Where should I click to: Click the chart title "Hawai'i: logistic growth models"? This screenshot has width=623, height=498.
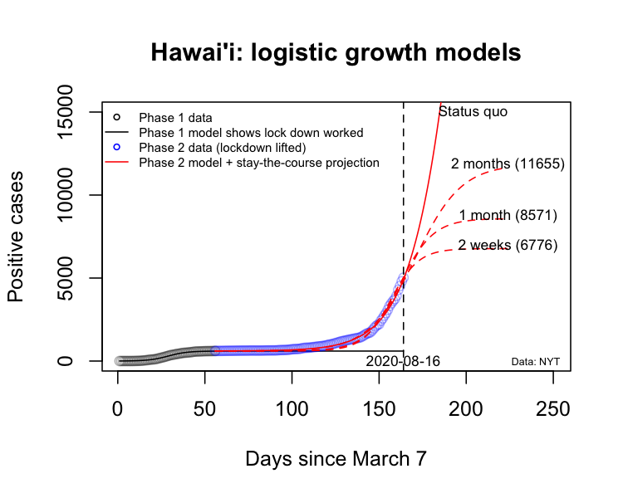336,53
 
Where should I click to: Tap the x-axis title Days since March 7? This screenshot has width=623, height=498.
336,458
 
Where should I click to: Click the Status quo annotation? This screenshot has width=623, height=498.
473,111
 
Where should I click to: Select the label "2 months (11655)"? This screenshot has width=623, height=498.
508,164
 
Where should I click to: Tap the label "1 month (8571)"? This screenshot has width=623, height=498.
508,216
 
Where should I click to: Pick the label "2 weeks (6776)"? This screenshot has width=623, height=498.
508,245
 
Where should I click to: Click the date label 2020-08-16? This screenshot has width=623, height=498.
402,362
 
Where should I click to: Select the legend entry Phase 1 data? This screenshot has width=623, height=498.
175,117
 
